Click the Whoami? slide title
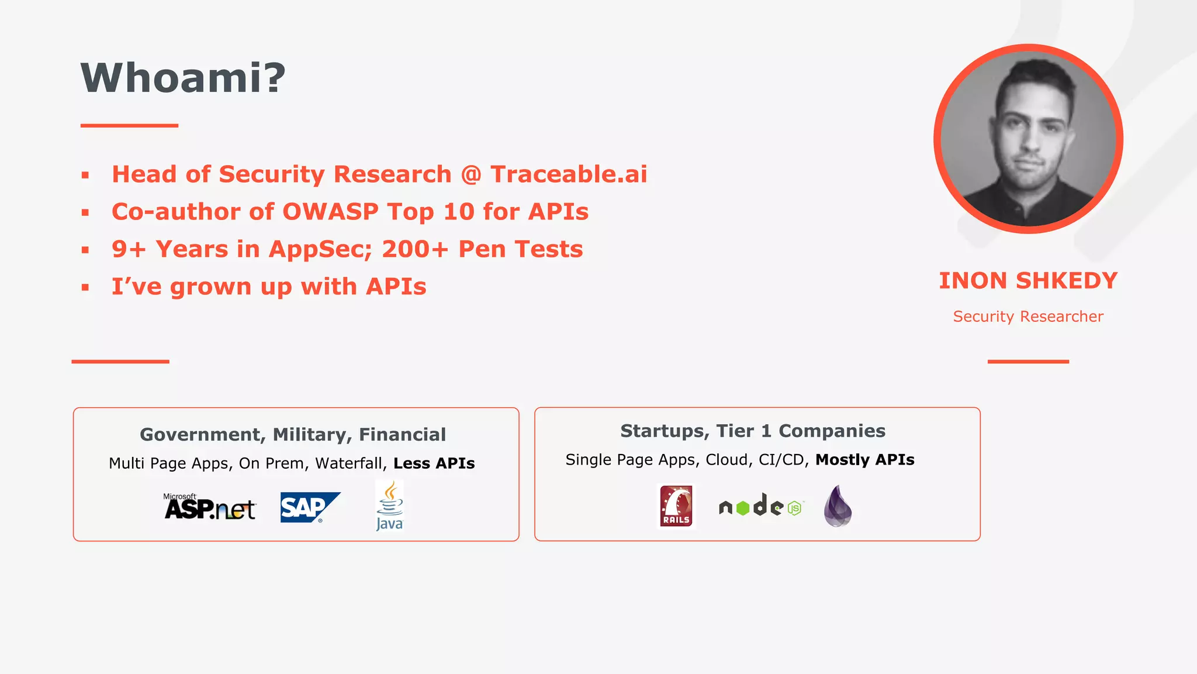click(x=183, y=78)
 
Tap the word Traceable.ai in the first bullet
click(x=568, y=174)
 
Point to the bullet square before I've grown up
click(x=85, y=287)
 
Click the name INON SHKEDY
click(x=1028, y=281)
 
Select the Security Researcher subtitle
click(x=1028, y=317)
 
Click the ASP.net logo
click(x=209, y=507)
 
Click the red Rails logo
click(x=676, y=506)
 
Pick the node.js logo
click(x=761, y=506)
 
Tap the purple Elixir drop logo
click(x=838, y=507)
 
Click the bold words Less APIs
click(x=434, y=463)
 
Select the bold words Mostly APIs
click(x=864, y=460)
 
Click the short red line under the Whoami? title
click(x=129, y=125)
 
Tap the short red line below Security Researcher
click(x=1028, y=362)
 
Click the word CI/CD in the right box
click(x=783, y=460)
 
